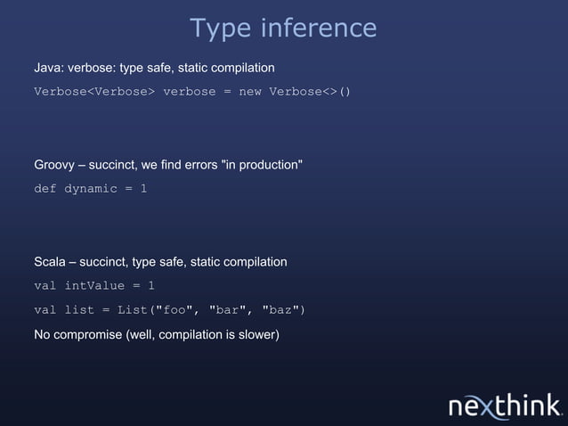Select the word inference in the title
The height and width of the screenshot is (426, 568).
pos(318,29)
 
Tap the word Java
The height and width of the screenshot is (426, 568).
pos(48,68)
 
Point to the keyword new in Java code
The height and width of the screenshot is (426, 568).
pos(249,92)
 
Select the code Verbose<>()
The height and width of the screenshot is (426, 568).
pos(310,92)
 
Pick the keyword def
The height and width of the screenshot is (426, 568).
pos(45,189)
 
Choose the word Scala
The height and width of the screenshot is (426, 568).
pos(50,262)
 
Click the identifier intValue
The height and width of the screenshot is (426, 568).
pos(93,286)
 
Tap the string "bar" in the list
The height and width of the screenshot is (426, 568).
pos(230,310)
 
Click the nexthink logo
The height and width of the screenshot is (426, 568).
pos(505,406)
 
